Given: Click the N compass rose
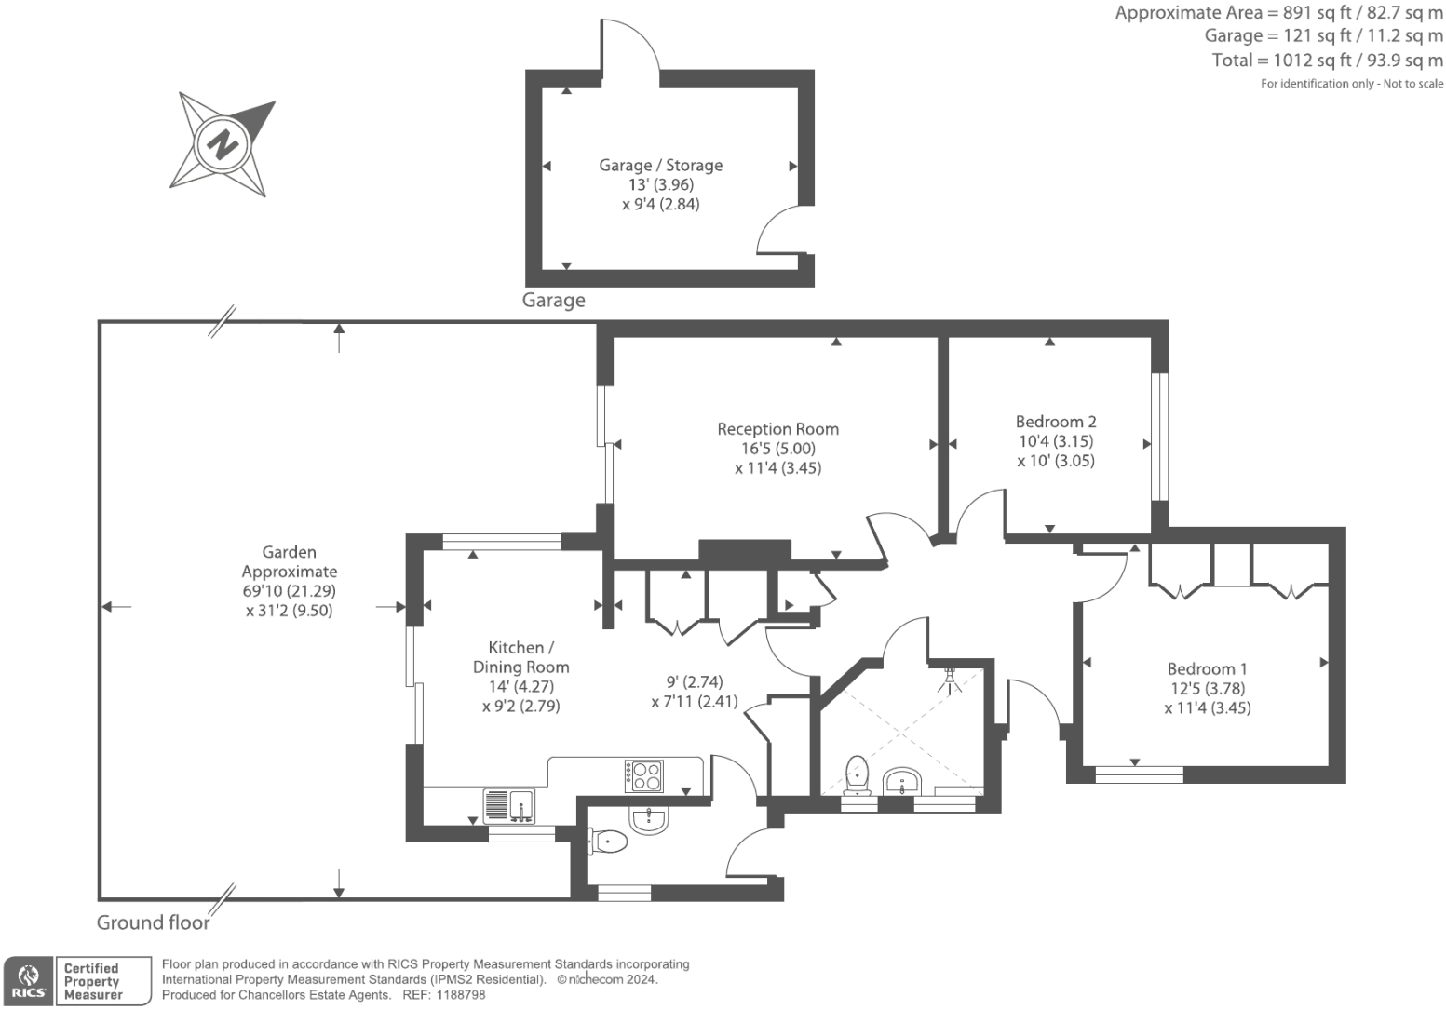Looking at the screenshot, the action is coord(223,144).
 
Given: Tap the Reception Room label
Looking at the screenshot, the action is coord(777,429).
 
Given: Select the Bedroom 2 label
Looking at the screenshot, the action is coord(1056,422).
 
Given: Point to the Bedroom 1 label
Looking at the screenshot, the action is coord(1207,669).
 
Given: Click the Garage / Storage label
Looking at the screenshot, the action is coord(660,166).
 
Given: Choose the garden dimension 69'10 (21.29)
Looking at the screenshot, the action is coord(290,591).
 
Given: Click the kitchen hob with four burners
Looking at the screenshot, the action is coord(643,775).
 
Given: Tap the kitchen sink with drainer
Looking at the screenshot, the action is coord(508,806).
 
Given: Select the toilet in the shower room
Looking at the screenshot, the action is coord(857,774).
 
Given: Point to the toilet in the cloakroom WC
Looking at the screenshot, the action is coord(607,842).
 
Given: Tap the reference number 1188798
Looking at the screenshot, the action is coord(461,995).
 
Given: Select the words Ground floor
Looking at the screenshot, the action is coord(153,922).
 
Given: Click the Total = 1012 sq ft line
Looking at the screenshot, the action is coord(1327,61).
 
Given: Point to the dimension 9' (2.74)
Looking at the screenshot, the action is coord(695,682).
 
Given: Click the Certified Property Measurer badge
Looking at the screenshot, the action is coord(103,981).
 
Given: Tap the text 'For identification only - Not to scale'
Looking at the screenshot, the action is coord(1352,84).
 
